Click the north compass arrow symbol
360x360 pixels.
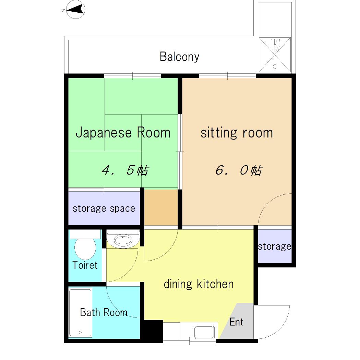point(75,10)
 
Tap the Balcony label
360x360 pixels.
point(179,57)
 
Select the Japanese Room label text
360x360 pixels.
point(123,133)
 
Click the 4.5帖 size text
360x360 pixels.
point(125,170)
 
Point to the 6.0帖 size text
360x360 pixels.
point(239,170)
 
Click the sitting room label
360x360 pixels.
point(237,133)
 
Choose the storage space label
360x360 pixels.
point(104,209)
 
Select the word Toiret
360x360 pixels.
point(85,265)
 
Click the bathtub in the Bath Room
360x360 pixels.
point(80,313)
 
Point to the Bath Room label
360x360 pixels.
point(104,312)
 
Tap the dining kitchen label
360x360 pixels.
point(199,284)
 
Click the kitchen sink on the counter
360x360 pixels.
point(204,332)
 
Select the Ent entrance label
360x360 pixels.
point(236,322)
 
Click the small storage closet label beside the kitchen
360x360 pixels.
point(275,247)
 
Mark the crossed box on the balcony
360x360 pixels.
point(275,55)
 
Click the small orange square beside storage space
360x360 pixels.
point(161,207)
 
